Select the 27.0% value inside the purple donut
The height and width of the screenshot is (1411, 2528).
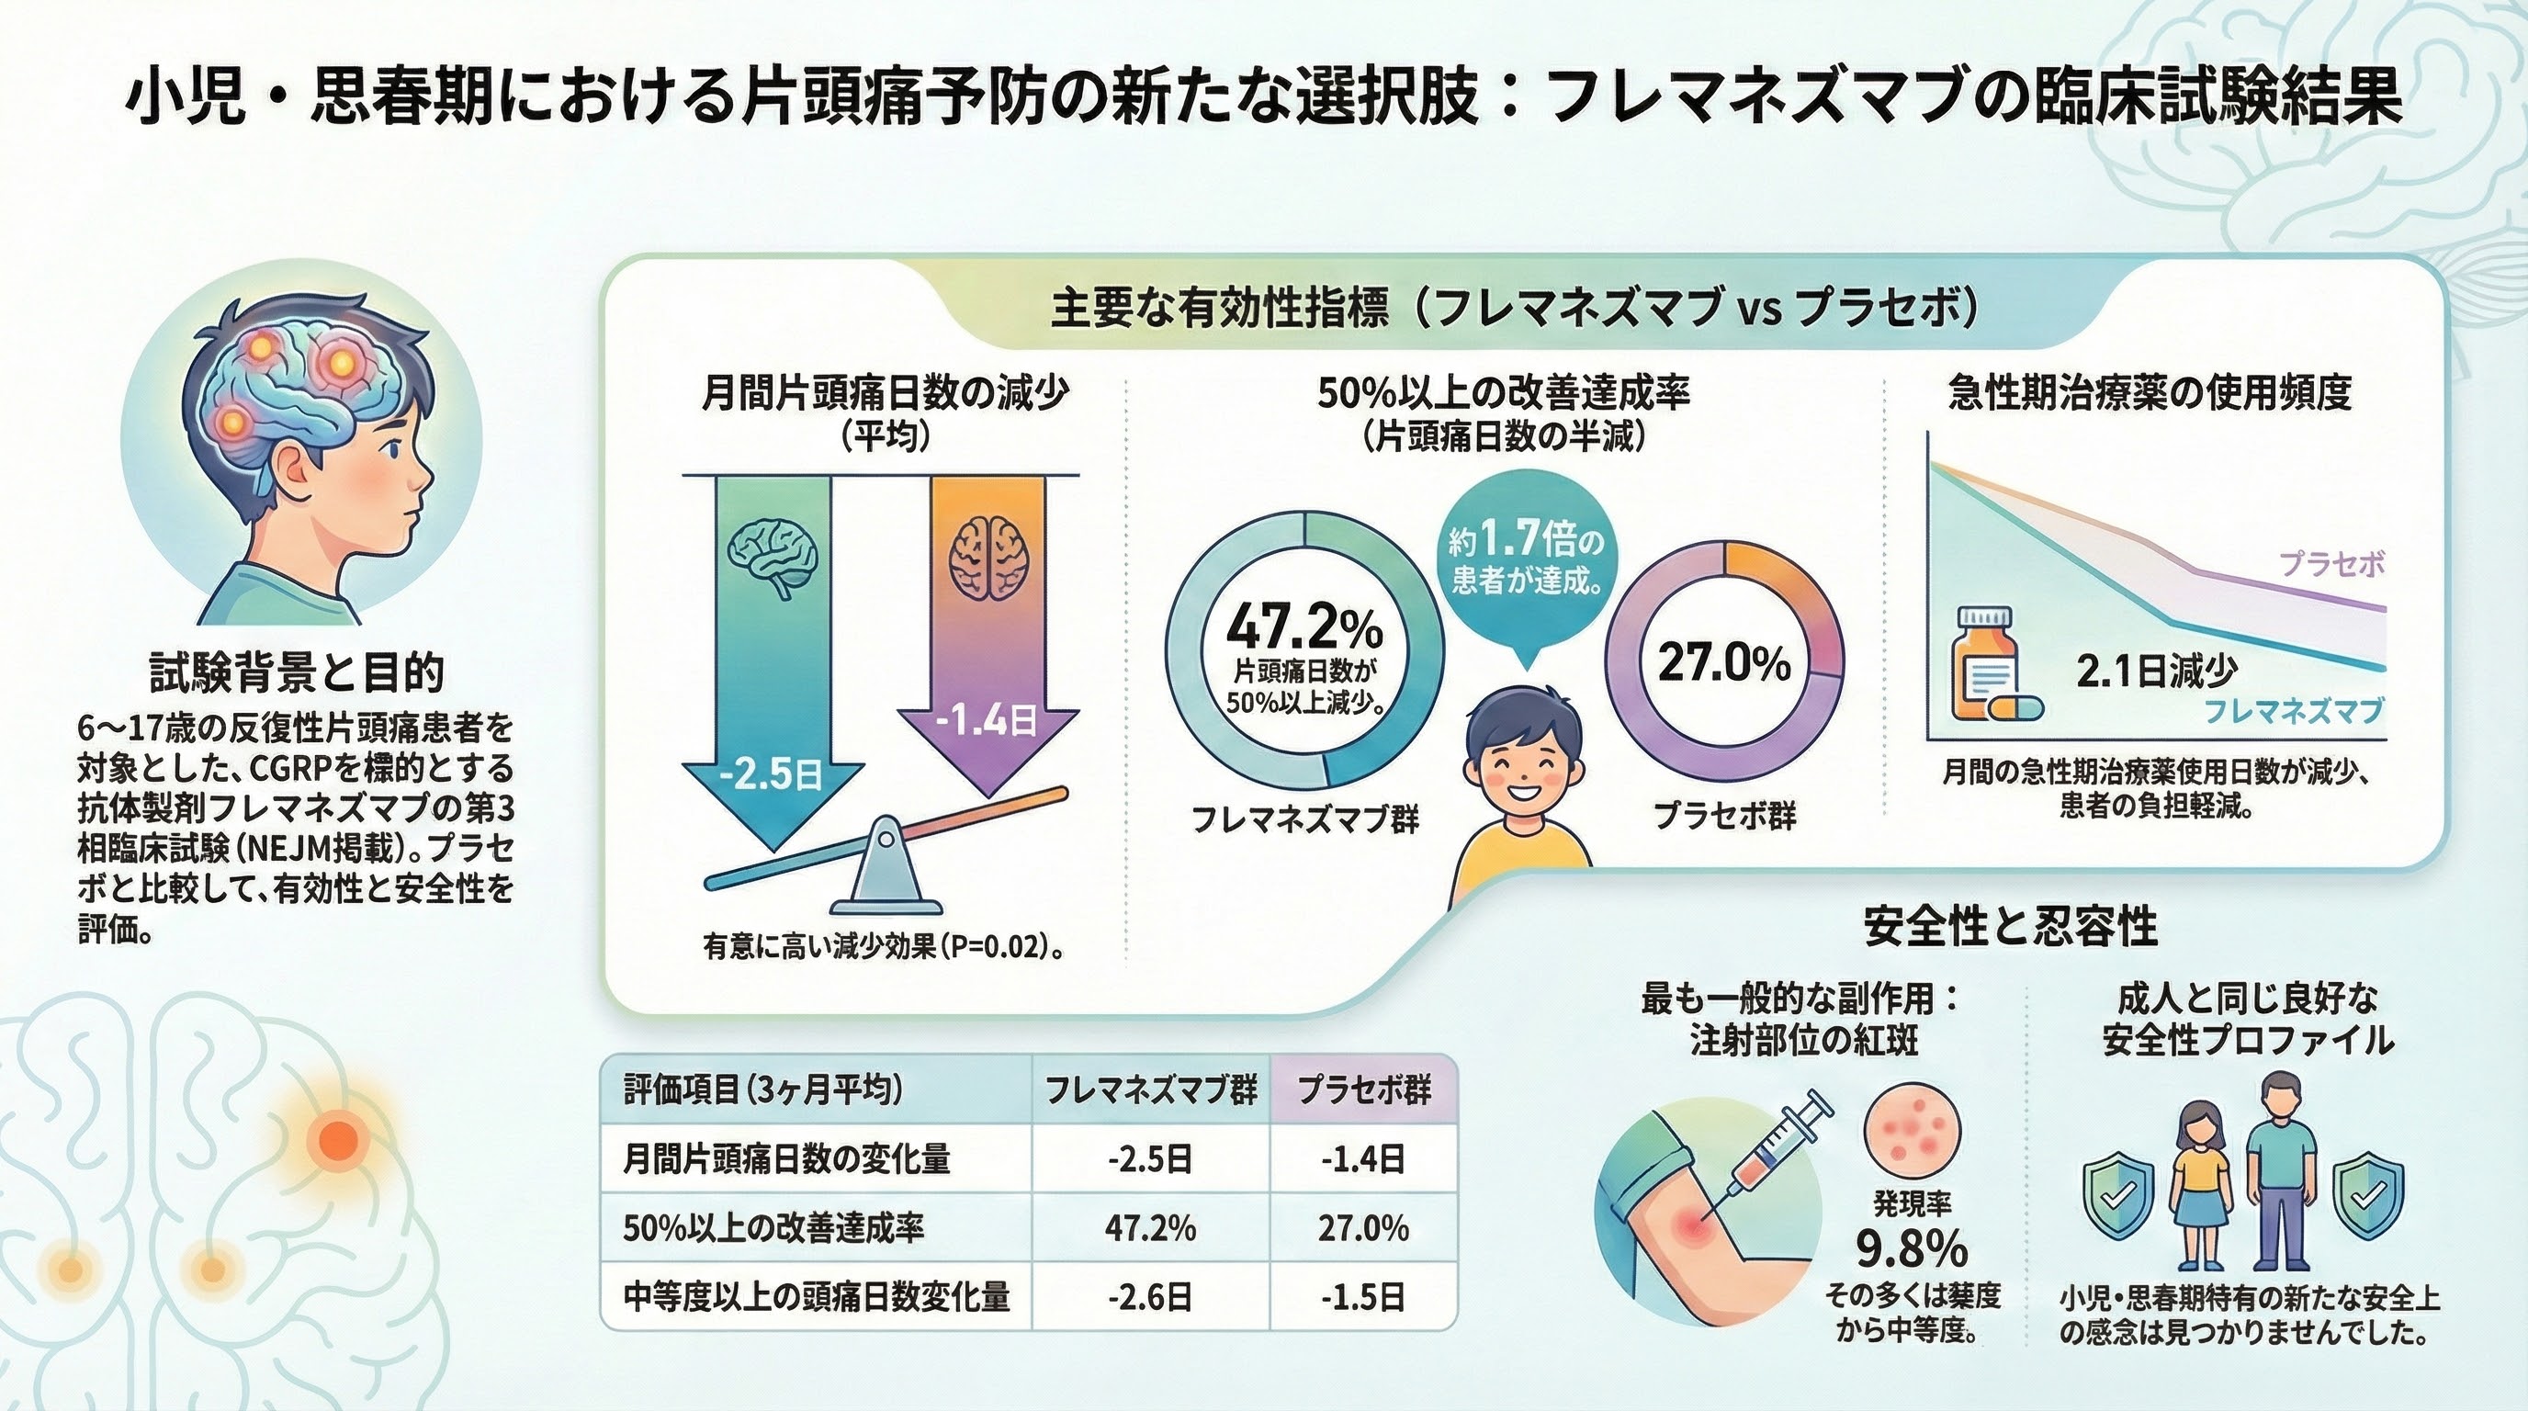pyautogui.click(x=1724, y=663)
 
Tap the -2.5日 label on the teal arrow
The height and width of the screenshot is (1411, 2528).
pyautogui.click(x=772, y=775)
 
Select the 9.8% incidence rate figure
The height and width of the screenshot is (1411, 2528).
pyautogui.click(x=1912, y=1248)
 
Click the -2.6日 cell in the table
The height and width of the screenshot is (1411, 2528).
pyautogui.click(x=1150, y=1297)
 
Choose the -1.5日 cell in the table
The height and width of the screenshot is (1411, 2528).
pyautogui.click(x=1363, y=1297)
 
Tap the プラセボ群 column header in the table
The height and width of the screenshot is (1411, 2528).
pyautogui.click(x=1364, y=1090)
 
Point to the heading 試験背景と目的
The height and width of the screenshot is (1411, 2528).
pyautogui.click(x=297, y=673)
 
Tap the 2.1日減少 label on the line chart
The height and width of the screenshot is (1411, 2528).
pyautogui.click(x=2156, y=672)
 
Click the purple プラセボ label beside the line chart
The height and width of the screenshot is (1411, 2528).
pyautogui.click(x=2330, y=564)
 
